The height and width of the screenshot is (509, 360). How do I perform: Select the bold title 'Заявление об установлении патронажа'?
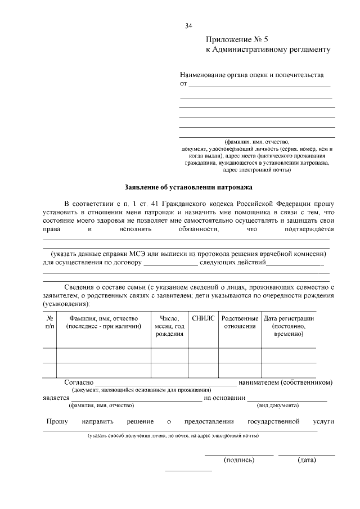(x=188, y=187)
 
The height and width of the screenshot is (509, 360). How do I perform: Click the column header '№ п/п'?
(x=49, y=322)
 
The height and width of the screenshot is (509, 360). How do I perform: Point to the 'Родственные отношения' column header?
(x=240, y=322)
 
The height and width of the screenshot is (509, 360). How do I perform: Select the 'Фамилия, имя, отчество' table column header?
(x=103, y=322)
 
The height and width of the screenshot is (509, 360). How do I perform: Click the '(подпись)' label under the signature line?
(x=239, y=460)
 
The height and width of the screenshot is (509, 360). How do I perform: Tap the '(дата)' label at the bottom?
(x=307, y=460)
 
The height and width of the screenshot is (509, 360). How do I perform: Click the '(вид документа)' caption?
(x=277, y=406)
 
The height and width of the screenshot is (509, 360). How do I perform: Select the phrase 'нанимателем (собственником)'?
(x=285, y=382)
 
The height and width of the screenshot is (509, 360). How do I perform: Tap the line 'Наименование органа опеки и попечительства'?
(x=251, y=74)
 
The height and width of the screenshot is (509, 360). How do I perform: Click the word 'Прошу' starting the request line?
(x=57, y=421)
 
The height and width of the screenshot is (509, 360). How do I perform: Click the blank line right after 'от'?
(x=259, y=85)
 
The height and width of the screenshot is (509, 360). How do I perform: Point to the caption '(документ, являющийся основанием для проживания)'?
(x=141, y=390)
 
